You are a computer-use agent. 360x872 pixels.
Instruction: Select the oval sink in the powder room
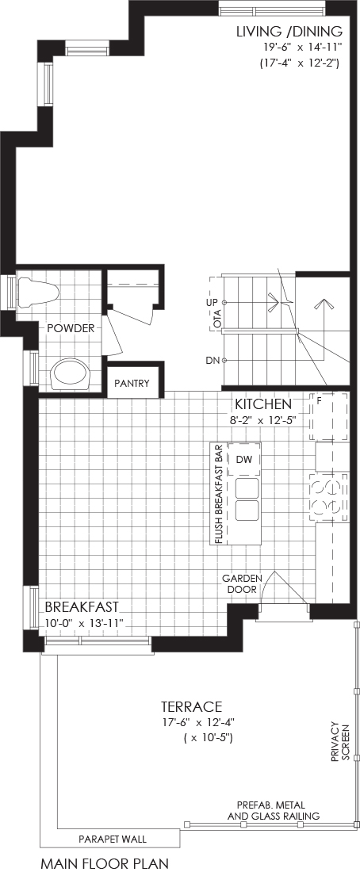pos(71,376)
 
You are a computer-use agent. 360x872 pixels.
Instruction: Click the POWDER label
pos(70,328)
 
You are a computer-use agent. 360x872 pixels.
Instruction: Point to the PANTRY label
pos(132,383)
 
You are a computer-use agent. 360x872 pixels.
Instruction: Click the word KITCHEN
pos(262,403)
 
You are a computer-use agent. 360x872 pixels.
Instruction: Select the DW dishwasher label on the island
pos(242,459)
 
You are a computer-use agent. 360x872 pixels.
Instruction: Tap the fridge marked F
pos(329,416)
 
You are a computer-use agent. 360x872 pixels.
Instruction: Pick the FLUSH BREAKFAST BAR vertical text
pos(217,494)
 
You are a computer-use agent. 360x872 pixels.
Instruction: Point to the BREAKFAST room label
pos(81,606)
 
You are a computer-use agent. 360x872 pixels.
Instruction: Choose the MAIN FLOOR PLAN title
pos(105,863)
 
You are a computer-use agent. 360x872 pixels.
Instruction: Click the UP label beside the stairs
pos(212,303)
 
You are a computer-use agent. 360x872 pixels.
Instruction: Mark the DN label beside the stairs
pos(212,361)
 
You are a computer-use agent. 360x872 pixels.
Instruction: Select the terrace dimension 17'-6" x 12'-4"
pos(195,722)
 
